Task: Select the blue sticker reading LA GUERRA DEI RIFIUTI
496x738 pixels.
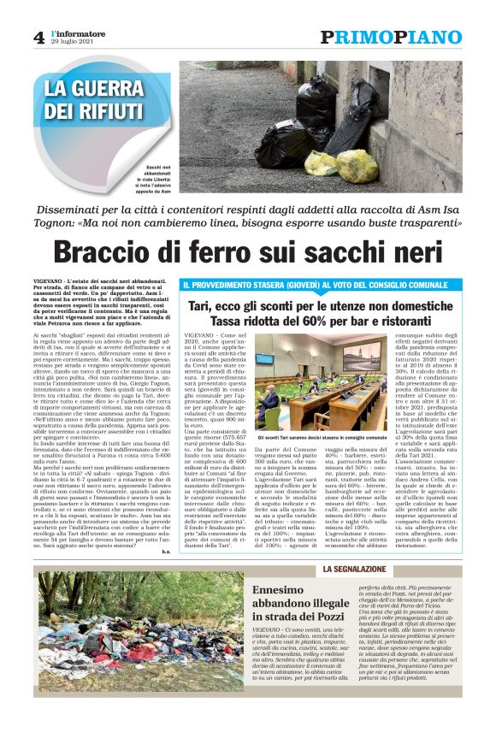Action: (x=94, y=100)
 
